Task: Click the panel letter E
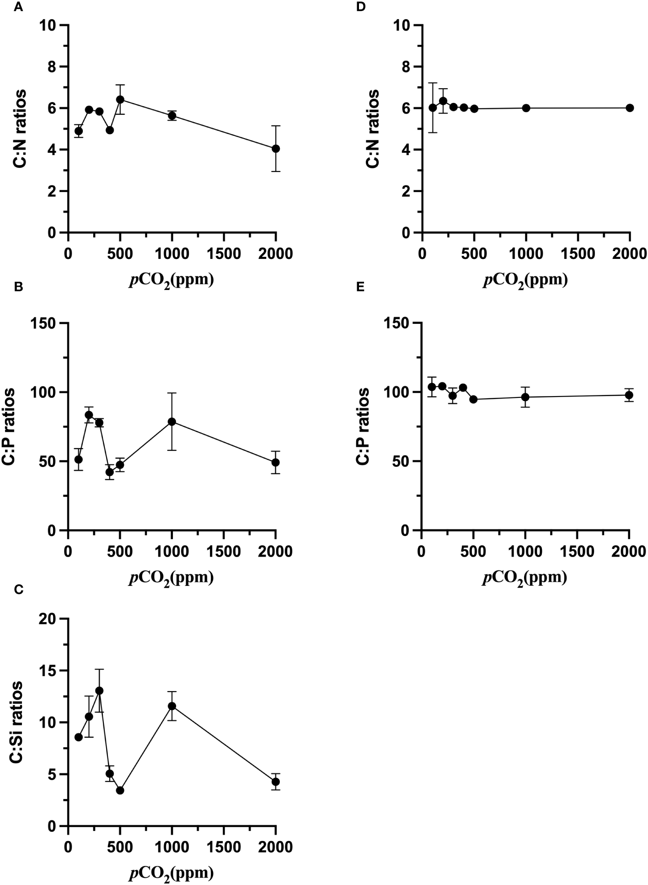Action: click(360, 287)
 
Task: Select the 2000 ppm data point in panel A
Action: click(276, 149)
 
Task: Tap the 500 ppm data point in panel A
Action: click(120, 99)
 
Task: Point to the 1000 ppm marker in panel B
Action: click(172, 422)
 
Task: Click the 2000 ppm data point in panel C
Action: click(276, 782)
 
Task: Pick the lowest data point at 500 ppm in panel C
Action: click(120, 790)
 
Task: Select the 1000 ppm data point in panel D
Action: click(526, 108)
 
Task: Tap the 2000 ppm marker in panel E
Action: click(629, 395)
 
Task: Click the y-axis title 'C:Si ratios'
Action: click(17, 722)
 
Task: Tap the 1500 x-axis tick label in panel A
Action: click(224, 253)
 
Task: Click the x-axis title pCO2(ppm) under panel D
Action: click(525, 279)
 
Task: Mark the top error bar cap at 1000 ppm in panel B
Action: click(172, 393)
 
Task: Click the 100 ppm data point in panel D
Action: click(433, 108)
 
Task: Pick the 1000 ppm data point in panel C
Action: click(172, 706)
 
